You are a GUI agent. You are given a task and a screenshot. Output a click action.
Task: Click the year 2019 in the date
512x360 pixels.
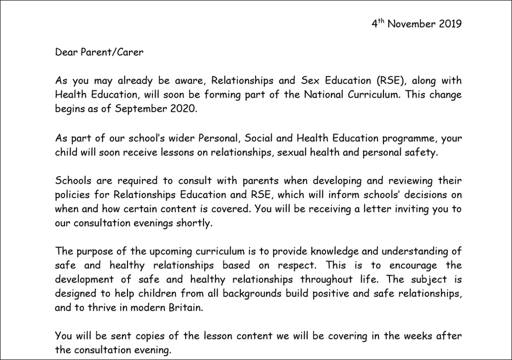(x=450, y=23)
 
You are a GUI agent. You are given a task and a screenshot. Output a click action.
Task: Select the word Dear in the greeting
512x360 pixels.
(x=65, y=52)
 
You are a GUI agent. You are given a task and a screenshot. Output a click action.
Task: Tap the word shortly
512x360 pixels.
(x=195, y=223)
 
